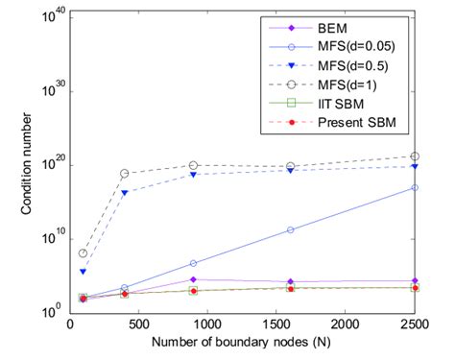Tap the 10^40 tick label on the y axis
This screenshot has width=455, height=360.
(54, 13)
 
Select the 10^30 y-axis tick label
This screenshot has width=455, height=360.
(54, 88)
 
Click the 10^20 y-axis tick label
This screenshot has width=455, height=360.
(54, 163)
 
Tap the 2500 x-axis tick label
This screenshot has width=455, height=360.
(415, 326)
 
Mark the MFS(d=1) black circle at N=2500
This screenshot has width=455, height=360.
(415, 156)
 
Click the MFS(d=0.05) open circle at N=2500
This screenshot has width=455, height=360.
(415, 188)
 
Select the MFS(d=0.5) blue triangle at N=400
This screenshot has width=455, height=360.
(125, 193)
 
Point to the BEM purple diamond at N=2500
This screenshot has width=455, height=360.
(415, 280)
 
